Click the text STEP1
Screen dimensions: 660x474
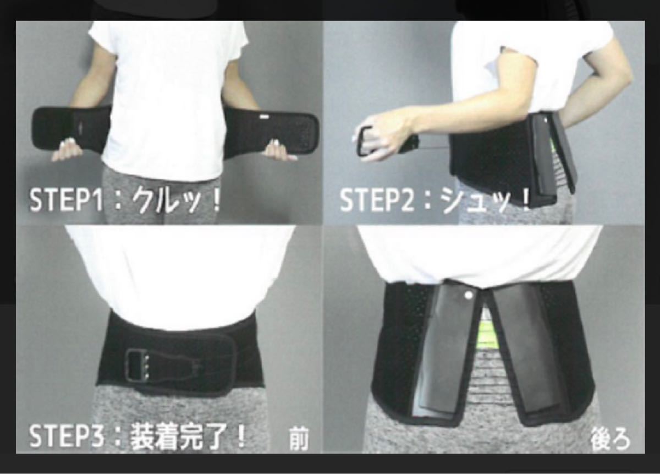pos(66,200)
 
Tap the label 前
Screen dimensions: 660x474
pos(299,440)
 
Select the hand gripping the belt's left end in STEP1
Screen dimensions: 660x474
pos(67,150)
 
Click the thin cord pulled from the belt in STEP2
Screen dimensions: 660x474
pos(433,146)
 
